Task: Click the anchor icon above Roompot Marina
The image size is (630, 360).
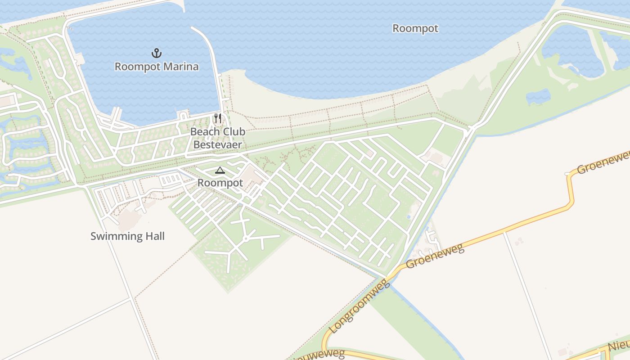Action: click(x=156, y=54)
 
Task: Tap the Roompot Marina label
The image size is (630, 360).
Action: click(x=156, y=67)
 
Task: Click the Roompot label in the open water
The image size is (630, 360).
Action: click(x=415, y=28)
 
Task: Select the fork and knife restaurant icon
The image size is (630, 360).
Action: click(x=218, y=119)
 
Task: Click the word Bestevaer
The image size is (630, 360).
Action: click(x=218, y=144)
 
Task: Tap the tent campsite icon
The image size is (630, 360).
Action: click(x=220, y=170)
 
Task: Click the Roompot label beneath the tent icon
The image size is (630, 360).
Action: click(x=220, y=183)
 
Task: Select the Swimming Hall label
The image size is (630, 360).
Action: click(x=127, y=236)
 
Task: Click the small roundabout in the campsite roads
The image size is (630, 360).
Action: click(x=246, y=238)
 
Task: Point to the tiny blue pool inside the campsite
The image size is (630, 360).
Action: click(x=409, y=217)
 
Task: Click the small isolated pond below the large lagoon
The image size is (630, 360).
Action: click(x=538, y=96)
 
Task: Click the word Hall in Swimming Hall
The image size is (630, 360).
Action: click(x=155, y=236)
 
